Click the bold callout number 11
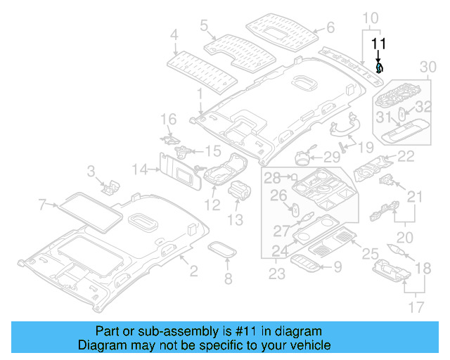tap(379, 44)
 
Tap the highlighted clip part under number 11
tap(380, 68)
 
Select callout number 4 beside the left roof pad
tap(174, 33)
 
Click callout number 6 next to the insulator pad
tap(329, 29)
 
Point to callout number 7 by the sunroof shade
tap(42, 205)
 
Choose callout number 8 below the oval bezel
tap(228, 280)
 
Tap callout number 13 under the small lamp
tap(235, 220)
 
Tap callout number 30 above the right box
tap(427, 66)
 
